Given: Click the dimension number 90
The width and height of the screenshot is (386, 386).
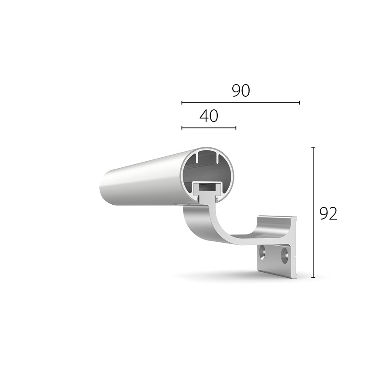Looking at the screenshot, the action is tap(241, 90).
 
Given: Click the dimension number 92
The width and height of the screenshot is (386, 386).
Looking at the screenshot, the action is tap(328, 213).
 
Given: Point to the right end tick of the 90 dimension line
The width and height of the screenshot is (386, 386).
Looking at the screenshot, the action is tap(299, 103).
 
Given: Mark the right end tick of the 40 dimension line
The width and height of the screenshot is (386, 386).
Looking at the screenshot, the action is tap(236, 128).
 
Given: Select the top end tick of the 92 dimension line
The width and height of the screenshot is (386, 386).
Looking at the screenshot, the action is tap(313, 147).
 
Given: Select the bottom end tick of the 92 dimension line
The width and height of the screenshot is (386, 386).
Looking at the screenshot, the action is tap(313, 278).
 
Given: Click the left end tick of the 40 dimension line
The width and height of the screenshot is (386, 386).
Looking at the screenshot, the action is tap(182, 128).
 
